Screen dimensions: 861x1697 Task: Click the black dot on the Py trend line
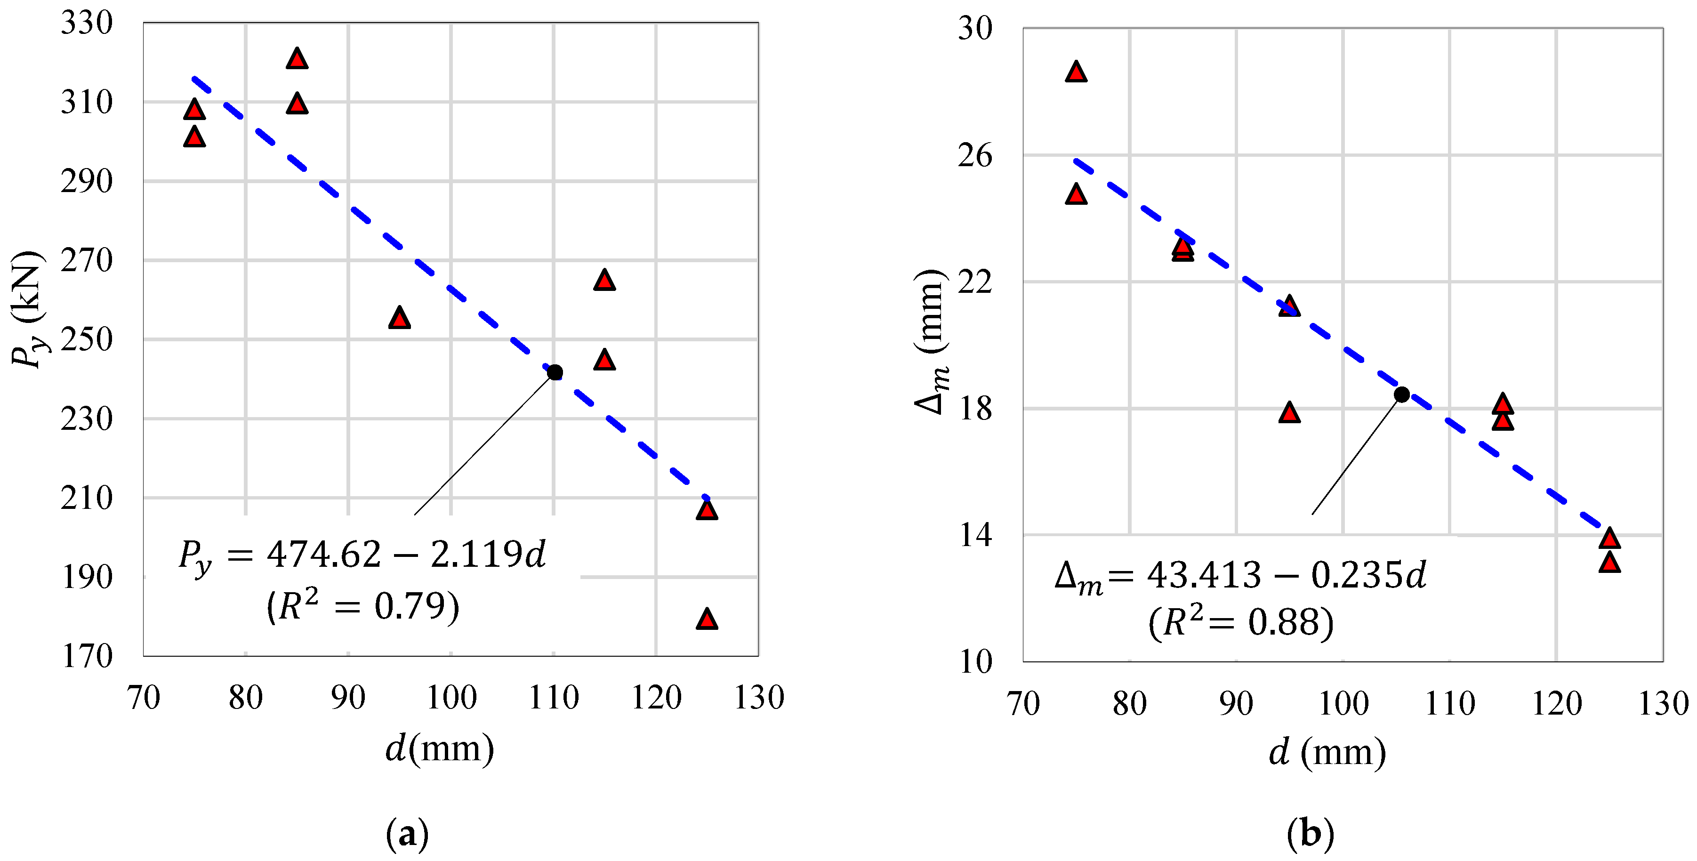(555, 372)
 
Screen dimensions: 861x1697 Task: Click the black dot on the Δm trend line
(1402, 394)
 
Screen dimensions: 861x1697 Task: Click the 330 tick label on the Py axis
(87, 23)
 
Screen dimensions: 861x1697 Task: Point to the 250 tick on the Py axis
(87, 340)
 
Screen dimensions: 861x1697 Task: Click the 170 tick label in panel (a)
(87, 656)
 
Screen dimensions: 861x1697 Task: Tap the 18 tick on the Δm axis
(974, 409)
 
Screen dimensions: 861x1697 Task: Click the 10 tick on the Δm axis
(974, 661)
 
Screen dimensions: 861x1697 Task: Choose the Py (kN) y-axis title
(28, 310)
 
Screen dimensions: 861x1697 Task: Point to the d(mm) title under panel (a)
(439, 749)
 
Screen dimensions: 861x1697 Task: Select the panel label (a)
(407, 834)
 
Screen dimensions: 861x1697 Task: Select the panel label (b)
(1310, 834)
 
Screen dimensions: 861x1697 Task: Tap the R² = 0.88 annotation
(1240, 622)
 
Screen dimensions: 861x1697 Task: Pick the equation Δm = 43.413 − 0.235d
(1240, 576)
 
